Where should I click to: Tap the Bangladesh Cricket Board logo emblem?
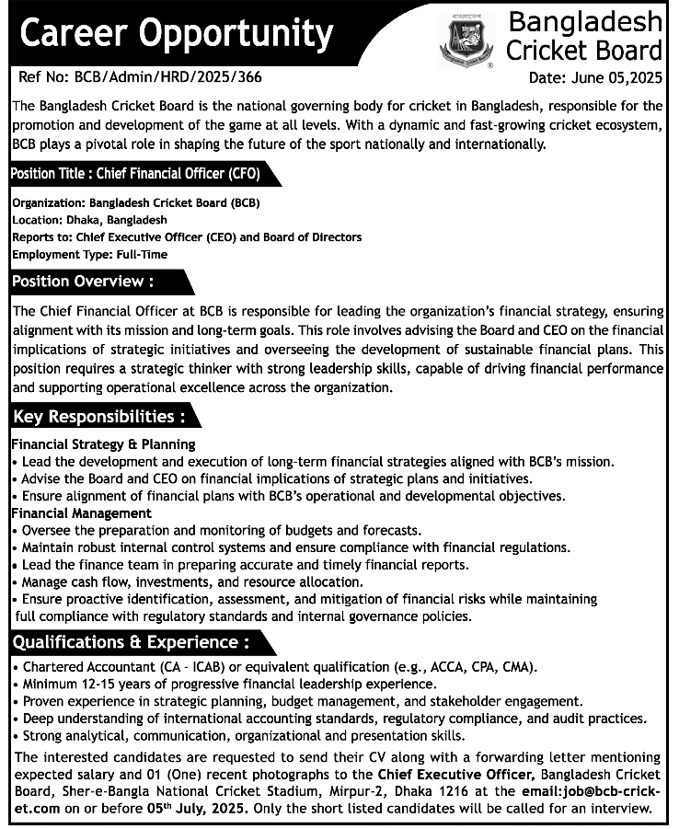[466, 42]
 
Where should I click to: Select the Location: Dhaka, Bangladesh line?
[89, 220]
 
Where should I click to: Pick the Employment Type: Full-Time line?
[90, 253]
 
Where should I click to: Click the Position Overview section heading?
[83, 281]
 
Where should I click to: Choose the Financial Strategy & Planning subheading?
[102, 444]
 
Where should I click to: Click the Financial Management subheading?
[81, 512]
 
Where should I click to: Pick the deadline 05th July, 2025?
[193, 809]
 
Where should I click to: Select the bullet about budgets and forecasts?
[221, 531]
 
